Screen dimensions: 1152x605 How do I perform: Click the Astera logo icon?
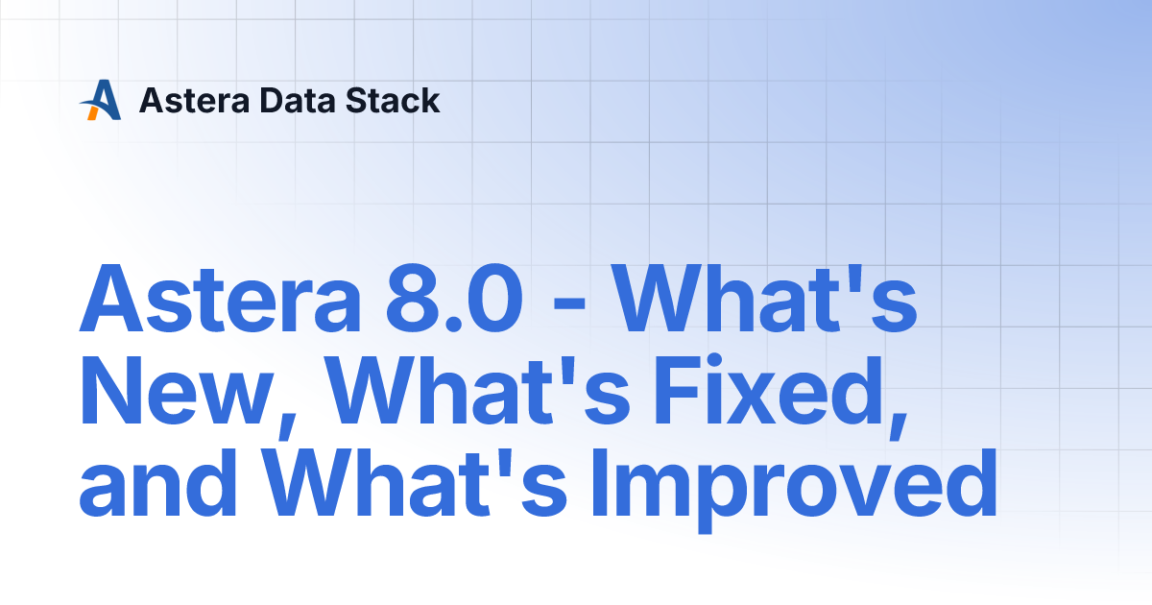point(101,100)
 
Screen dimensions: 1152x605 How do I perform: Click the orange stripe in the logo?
point(92,112)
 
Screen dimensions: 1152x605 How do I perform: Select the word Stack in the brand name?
point(393,100)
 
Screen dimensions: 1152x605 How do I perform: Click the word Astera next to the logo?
point(194,100)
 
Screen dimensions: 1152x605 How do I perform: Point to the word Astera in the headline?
point(221,299)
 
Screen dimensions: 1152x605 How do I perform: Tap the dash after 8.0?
point(569,305)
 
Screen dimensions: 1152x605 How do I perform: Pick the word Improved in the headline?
point(794,484)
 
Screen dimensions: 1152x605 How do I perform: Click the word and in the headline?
point(157,481)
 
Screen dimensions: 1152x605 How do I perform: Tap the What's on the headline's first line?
point(766,299)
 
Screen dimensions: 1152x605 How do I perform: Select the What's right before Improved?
point(416,481)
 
